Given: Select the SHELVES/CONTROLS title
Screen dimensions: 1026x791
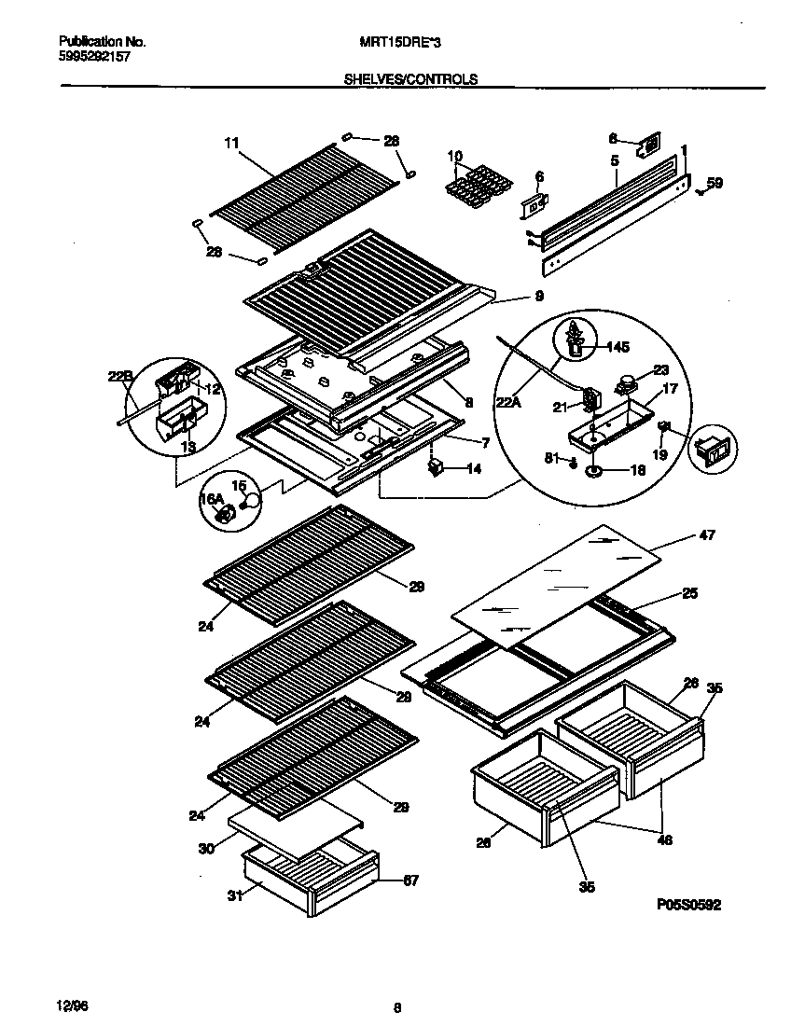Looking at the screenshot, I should point(411,79).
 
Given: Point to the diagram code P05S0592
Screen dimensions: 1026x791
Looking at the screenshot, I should point(688,905).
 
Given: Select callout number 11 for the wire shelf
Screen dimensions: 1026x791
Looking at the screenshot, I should point(231,143).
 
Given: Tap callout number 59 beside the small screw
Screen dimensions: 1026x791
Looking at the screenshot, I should point(715,184).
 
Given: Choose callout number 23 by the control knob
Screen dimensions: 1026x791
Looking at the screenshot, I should point(661,369).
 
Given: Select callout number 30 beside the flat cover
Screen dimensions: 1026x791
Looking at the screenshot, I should point(207,849).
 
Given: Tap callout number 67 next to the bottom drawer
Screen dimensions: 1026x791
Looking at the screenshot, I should point(409,879).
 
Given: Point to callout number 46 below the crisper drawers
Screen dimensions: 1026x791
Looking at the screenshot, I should point(663,840).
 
